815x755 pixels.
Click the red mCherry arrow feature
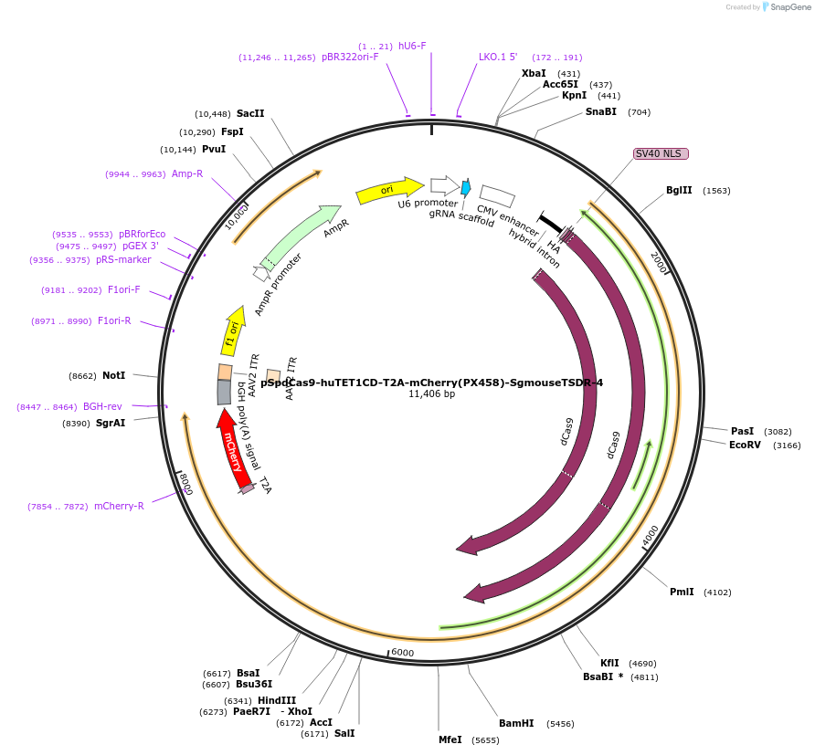pos(234,447)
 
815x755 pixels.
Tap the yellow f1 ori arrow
pos(233,330)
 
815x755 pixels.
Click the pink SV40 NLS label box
pos(660,153)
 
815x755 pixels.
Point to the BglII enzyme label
pos(679,191)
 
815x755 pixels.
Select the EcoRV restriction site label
pos(745,445)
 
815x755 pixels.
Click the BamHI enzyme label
pos(516,723)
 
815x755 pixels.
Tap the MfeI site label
pos(450,739)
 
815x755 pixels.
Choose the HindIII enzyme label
pos(277,700)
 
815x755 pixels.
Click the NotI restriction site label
pos(113,375)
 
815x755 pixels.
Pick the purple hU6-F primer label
pos(412,46)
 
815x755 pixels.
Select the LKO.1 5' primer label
pos(498,57)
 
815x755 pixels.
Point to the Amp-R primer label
pos(187,173)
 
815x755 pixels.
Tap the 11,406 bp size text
pos(431,393)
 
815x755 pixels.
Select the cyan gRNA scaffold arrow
pos(466,188)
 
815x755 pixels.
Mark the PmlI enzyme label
pos(682,592)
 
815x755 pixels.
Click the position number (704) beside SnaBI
pos(639,112)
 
